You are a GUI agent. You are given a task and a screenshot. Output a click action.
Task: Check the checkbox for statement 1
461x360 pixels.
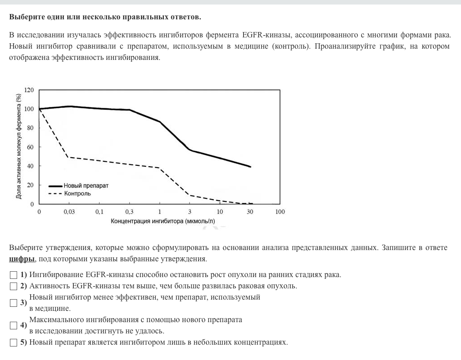point(14,275)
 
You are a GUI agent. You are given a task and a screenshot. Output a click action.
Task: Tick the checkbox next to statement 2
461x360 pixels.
point(14,286)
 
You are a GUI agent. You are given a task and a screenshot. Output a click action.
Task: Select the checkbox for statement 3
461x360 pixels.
point(14,303)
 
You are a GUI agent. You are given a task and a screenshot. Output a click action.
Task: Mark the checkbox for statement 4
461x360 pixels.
point(14,325)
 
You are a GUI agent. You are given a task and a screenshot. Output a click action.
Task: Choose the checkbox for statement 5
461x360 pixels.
point(14,342)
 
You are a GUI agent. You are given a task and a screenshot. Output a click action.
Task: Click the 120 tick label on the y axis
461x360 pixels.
point(29,90)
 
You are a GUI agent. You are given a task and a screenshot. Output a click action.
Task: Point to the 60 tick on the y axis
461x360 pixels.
point(31,147)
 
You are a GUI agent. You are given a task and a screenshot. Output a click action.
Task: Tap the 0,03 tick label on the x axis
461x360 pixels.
point(69,212)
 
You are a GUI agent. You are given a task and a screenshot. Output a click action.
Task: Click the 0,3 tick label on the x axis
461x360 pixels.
point(129,212)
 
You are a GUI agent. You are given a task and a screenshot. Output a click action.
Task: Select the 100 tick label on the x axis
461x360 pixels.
point(280,212)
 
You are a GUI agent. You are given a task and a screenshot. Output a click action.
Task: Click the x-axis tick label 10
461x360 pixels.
point(220,212)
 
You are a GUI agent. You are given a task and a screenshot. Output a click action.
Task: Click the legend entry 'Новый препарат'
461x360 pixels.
point(86,186)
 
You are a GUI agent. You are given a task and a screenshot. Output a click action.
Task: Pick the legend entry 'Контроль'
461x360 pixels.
point(77,194)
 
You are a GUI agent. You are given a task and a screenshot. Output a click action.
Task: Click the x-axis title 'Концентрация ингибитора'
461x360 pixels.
point(163,221)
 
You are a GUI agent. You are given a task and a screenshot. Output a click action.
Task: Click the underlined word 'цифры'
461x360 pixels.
point(22,259)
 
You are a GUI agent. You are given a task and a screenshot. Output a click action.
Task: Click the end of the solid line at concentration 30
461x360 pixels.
point(250,167)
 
